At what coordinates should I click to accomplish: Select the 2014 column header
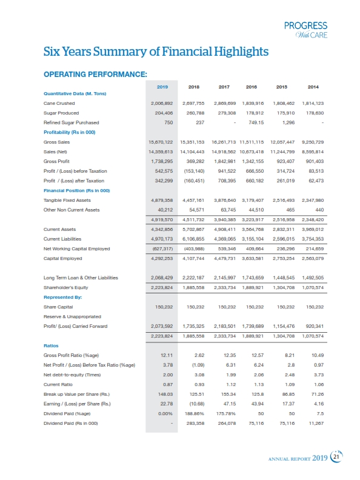[x=313, y=87]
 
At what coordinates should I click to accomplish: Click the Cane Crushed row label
[x=59, y=103]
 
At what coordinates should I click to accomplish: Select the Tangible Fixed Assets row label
[x=67, y=199]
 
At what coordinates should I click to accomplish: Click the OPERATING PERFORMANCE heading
[x=96, y=75]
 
